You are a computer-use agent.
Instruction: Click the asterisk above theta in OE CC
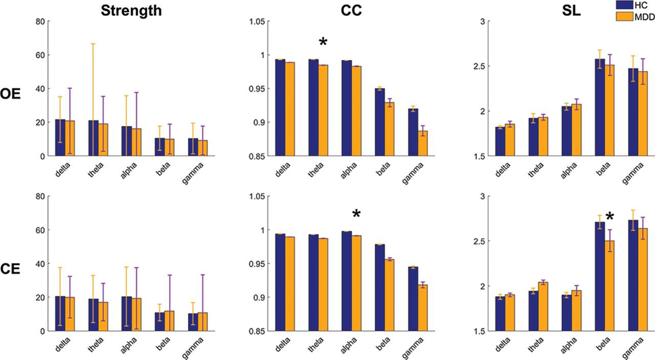323,43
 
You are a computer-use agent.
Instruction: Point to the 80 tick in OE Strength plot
40,22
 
